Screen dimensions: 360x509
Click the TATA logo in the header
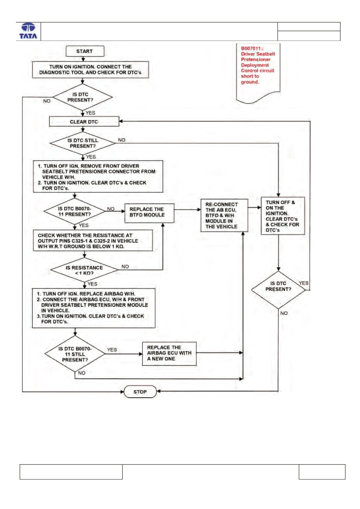[28, 31]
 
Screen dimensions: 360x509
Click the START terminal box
[85, 51]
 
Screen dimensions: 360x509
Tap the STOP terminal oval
[140, 392]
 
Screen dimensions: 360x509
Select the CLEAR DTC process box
[84, 121]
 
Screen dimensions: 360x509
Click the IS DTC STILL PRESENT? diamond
[83, 143]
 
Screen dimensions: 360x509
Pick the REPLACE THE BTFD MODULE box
[149, 213]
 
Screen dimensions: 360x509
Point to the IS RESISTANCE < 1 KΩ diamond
[84, 270]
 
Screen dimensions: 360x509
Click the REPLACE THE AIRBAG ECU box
[169, 354]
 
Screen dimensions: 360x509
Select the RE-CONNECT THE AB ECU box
[224, 216]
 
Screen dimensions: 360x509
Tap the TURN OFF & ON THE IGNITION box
[283, 216]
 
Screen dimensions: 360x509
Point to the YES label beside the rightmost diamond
[304, 283]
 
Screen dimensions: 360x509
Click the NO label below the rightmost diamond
[284, 313]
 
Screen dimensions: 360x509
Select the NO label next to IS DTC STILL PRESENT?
[122, 140]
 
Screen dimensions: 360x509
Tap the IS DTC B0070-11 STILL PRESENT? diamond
[75, 354]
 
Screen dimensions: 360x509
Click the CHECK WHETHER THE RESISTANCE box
[93, 241]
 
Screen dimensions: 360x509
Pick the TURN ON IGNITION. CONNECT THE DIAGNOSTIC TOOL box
[91, 69]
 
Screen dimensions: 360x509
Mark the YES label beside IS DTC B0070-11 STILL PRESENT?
[112, 350]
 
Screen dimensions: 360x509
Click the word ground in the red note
[250, 82]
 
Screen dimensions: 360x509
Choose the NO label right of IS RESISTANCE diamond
[125, 267]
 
